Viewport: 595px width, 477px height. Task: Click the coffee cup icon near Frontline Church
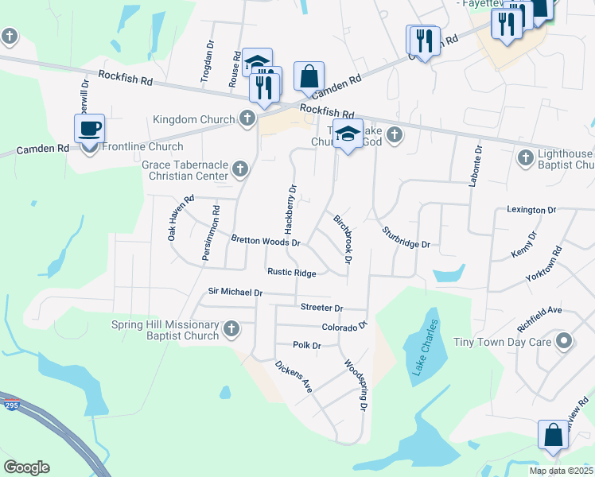coord(89,128)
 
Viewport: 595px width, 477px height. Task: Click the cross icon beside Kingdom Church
coord(247,119)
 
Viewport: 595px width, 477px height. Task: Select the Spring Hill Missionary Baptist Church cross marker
coord(231,328)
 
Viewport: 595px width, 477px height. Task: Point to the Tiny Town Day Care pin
coord(564,342)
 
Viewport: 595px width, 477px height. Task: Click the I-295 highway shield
coord(10,403)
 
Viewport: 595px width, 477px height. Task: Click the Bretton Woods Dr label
coord(265,240)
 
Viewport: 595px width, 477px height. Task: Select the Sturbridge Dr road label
coord(406,237)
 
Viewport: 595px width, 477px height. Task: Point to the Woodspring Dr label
coord(356,385)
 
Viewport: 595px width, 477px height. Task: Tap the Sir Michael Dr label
coord(235,293)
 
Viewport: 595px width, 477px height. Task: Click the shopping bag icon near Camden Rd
coord(309,78)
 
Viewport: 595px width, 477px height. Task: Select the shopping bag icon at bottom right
coord(553,436)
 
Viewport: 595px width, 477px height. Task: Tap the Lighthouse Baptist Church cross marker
coord(524,158)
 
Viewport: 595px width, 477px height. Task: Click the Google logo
coord(26,467)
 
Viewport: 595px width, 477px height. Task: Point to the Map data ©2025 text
coord(560,471)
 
